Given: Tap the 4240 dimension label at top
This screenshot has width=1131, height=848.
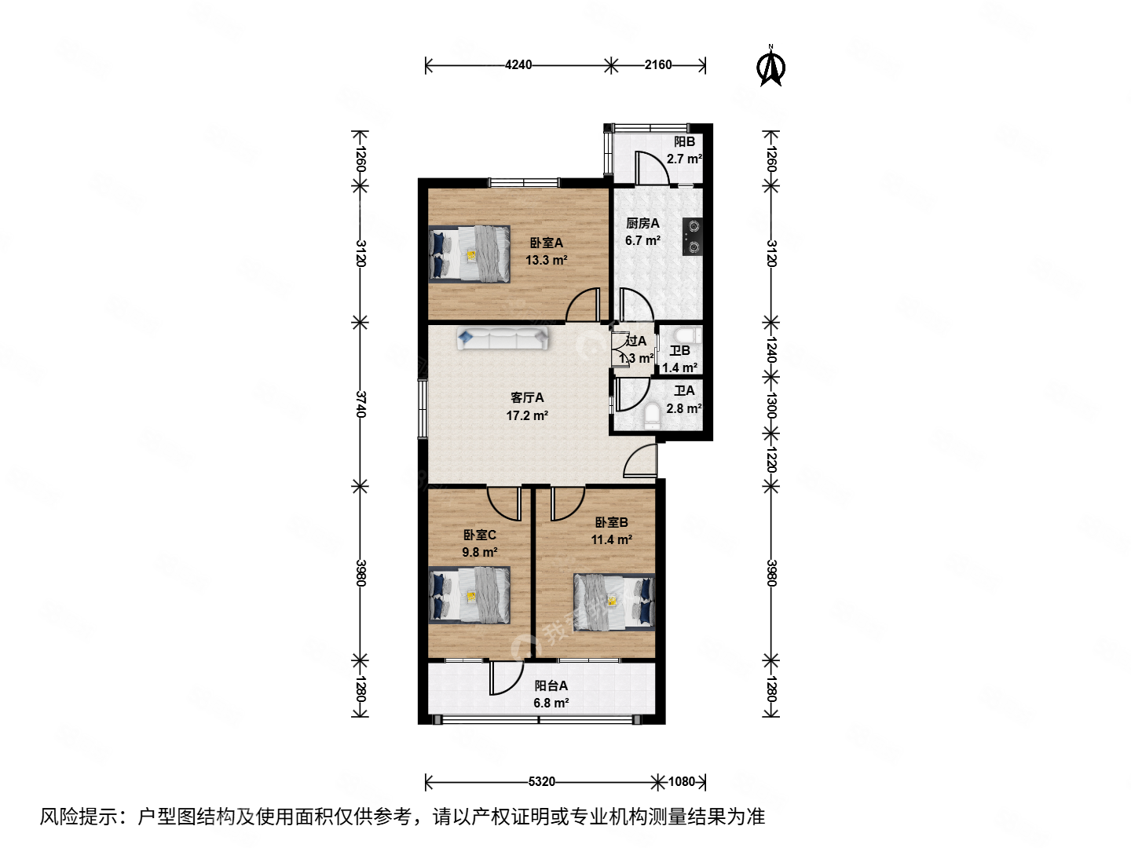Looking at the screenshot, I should pyautogui.click(x=518, y=65).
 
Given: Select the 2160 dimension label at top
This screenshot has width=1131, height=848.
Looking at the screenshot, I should pyautogui.click(x=658, y=65).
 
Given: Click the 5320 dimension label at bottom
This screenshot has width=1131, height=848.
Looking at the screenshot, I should pyautogui.click(x=542, y=781).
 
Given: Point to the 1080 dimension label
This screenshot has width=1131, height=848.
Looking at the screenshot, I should pyautogui.click(x=682, y=781).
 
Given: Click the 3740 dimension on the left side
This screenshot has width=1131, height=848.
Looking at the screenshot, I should pyautogui.click(x=361, y=404).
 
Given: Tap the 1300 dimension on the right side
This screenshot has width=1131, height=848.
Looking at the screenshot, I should pyautogui.click(x=771, y=406).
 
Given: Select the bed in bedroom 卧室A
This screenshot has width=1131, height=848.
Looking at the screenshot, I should pyautogui.click(x=470, y=254).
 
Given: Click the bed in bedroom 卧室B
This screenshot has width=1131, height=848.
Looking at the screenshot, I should pyautogui.click(x=613, y=601).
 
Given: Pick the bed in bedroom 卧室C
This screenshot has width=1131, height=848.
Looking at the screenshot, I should pyautogui.click(x=470, y=595).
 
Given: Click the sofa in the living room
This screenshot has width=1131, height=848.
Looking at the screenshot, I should pyautogui.click(x=503, y=338).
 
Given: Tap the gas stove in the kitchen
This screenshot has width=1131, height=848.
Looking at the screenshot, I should pyautogui.click(x=692, y=236).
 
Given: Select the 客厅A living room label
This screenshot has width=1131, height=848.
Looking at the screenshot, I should pyautogui.click(x=527, y=398).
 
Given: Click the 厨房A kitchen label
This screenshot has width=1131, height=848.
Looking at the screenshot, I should pyautogui.click(x=642, y=224).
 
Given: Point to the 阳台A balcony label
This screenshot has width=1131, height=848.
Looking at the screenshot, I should pyautogui.click(x=551, y=685).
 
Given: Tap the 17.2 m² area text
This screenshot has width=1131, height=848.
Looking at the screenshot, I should pyautogui.click(x=527, y=415).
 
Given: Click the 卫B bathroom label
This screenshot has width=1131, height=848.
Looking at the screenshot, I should pyautogui.click(x=680, y=351).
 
